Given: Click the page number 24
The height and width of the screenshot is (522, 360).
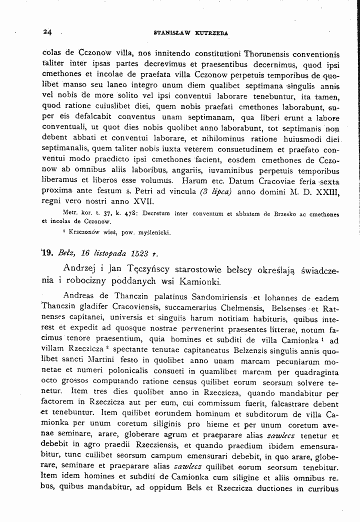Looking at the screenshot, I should coord(47,32).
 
